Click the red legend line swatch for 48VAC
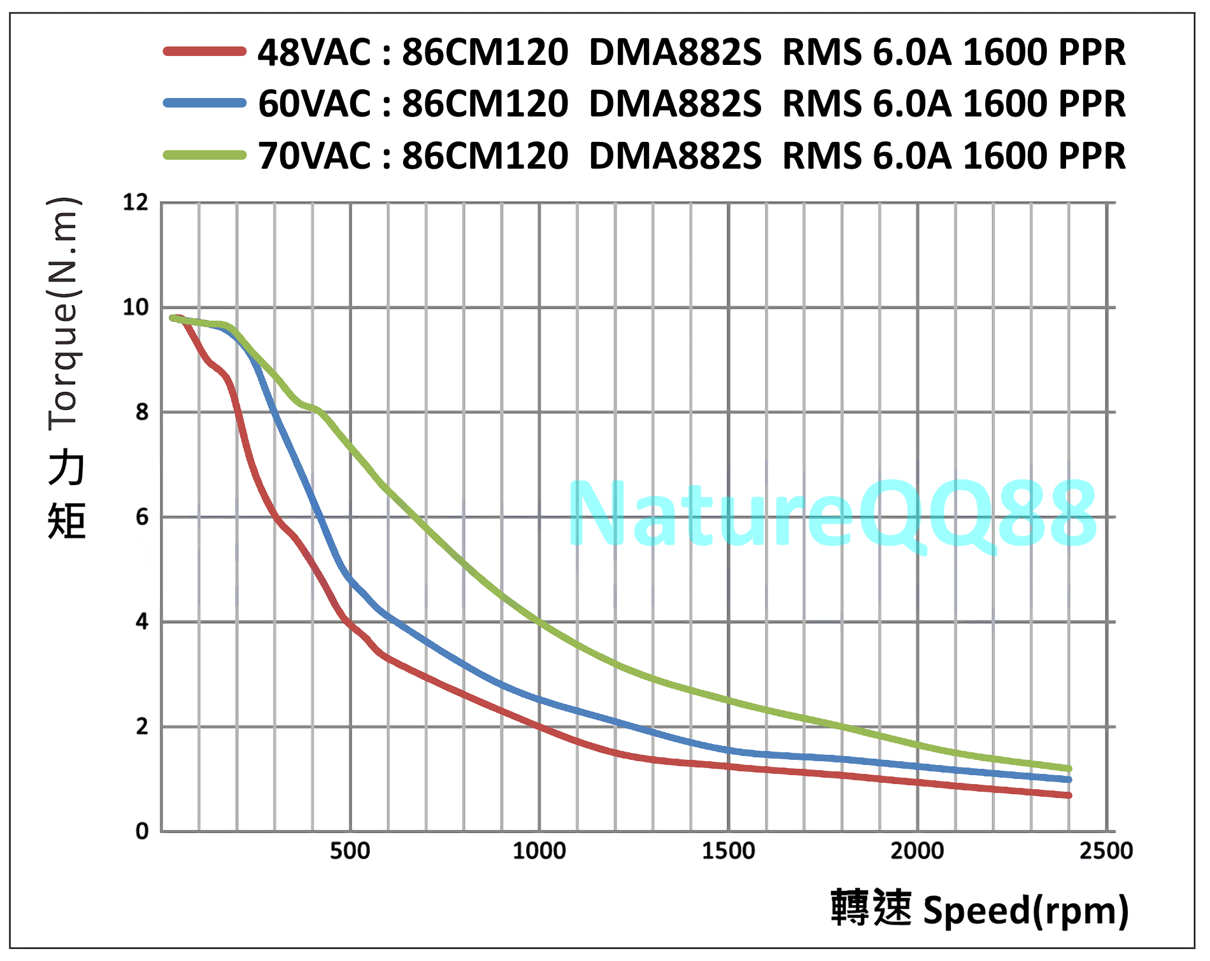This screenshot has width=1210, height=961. point(204,52)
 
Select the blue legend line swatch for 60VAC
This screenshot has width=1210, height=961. point(204,103)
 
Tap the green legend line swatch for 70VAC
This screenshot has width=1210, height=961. point(204,155)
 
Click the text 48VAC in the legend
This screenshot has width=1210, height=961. point(315,52)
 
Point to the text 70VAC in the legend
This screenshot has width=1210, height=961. point(315,156)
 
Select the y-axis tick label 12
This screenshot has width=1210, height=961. point(135,203)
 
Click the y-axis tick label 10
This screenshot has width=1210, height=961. point(135,308)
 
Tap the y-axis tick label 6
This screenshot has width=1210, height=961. point(141,517)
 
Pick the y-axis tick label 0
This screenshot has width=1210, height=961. point(141,831)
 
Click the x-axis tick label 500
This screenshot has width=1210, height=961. point(350,852)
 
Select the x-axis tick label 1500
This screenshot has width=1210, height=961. point(728,852)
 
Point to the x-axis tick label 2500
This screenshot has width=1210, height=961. point(1106,852)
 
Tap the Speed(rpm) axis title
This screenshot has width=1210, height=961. point(1025,910)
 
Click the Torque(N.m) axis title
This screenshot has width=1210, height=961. point(64,312)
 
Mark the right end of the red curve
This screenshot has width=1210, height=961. point(1069,796)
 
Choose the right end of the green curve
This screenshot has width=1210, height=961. point(1069,769)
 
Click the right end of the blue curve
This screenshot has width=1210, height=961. point(1069,780)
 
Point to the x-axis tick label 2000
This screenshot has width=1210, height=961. point(917,852)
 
